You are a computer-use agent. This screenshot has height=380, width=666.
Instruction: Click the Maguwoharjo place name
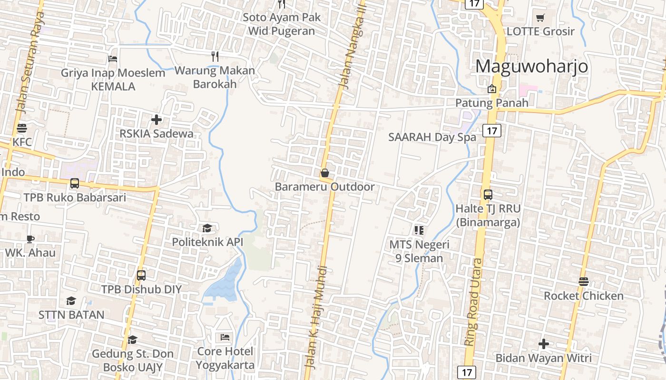(x=531, y=66)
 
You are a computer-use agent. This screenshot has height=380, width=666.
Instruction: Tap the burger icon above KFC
(x=21, y=128)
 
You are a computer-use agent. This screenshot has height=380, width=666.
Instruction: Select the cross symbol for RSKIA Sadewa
(x=156, y=120)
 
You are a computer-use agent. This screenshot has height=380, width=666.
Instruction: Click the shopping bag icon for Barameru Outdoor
(x=324, y=173)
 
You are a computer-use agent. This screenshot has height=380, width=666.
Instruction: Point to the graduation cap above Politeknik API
(x=207, y=228)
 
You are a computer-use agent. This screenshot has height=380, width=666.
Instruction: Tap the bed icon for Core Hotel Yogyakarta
(x=225, y=337)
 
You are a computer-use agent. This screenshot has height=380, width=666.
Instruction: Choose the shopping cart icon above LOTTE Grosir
(x=540, y=18)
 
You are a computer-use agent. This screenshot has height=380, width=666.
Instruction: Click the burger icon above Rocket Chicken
(x=584, y=282)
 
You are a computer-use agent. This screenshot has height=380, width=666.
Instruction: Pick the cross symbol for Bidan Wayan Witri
(x=543, y=344)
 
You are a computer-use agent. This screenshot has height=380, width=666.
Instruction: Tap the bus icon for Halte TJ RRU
(x=488, y=194)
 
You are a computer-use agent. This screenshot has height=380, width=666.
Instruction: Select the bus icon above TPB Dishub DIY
(x=141, y=275)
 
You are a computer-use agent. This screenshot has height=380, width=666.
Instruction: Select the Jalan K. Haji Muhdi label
(x=315, y=317)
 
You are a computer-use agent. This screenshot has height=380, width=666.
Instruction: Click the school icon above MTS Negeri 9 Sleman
(x=419, y=230)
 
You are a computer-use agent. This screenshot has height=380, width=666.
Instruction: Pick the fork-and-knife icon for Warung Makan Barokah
(x=215, y=57)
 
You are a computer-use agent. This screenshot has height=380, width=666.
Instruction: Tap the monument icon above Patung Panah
(x=491, y=89)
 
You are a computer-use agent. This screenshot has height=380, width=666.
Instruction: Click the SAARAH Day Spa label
(x=432, y=137)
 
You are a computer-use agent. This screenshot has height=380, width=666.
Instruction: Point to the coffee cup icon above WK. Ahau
(x=30, y=239)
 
